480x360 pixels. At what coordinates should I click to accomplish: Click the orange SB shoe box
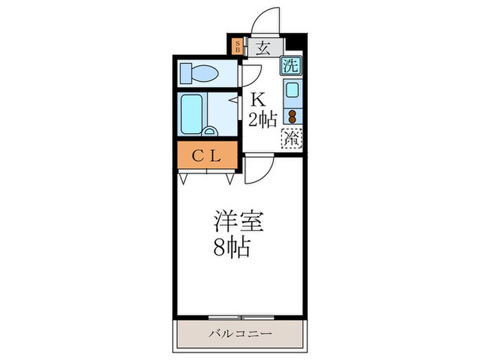pyautogui.click(x=237, y=47)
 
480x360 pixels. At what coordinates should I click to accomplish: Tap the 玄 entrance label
pyautogui.click(x=264, y=47)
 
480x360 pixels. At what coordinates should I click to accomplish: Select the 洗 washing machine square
pyautogui.click(x=291, y=67)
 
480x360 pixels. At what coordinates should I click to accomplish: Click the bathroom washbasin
pyautogui.click(x=211, y=131)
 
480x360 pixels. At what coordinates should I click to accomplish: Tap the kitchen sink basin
pyautogui.click(x=293, y=91)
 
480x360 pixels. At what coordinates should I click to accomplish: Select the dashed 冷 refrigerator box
pyautogui.click(x=292, y=137)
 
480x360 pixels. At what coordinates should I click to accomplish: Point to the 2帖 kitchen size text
pyautogui.click(x=263, y=120)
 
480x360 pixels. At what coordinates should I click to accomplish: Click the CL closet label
pyautogui.click(x=205, y=156)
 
